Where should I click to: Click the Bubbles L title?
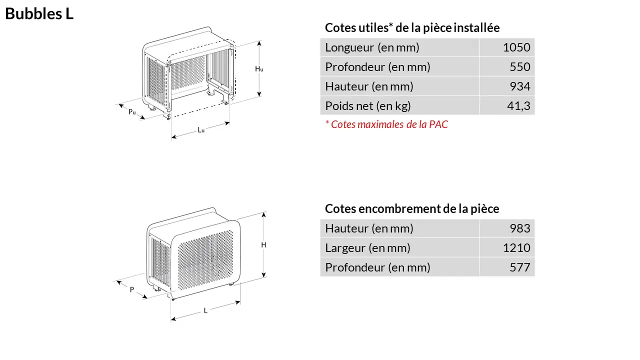39,14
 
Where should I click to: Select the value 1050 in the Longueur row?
516,47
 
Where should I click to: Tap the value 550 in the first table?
520,67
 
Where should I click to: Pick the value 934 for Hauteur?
520,86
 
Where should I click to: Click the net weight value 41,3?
518,106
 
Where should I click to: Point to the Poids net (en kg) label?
368,106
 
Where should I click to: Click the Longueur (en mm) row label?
372,47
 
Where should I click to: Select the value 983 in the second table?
520,228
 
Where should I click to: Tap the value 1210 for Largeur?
516,248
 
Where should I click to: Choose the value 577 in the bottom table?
520,267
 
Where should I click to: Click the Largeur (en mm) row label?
367,248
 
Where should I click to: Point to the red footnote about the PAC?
386,124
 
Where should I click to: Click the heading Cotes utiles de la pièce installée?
412,28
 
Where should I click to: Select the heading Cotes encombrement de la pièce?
412,208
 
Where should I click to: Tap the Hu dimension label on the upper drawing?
259,69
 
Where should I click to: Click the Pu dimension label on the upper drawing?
132,112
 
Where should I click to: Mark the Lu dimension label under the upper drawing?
201,130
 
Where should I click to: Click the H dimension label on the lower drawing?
263,245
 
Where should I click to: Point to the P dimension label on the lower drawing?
132,289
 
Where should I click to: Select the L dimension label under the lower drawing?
205,310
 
